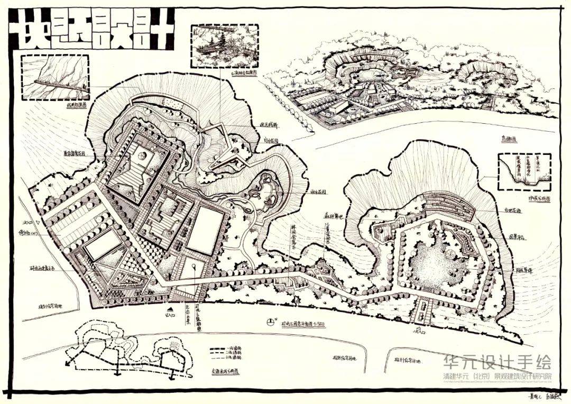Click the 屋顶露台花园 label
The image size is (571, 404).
[x=75, y=154]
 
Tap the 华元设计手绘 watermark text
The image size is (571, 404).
[x=497, y=362]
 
